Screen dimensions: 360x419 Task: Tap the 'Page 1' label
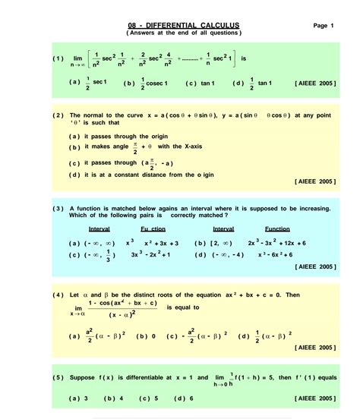pos(323,26)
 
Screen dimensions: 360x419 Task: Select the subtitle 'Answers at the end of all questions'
pos(185,33)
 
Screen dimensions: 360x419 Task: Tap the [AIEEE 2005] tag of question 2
pos(313,182)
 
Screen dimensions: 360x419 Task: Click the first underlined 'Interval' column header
pos(99,228)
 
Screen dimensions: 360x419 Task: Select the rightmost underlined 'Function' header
pos(277,228)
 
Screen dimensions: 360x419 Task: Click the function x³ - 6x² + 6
pos(280,254)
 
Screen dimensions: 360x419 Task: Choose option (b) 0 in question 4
pos(145,336)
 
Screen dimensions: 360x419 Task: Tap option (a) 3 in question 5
pos(79,398)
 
